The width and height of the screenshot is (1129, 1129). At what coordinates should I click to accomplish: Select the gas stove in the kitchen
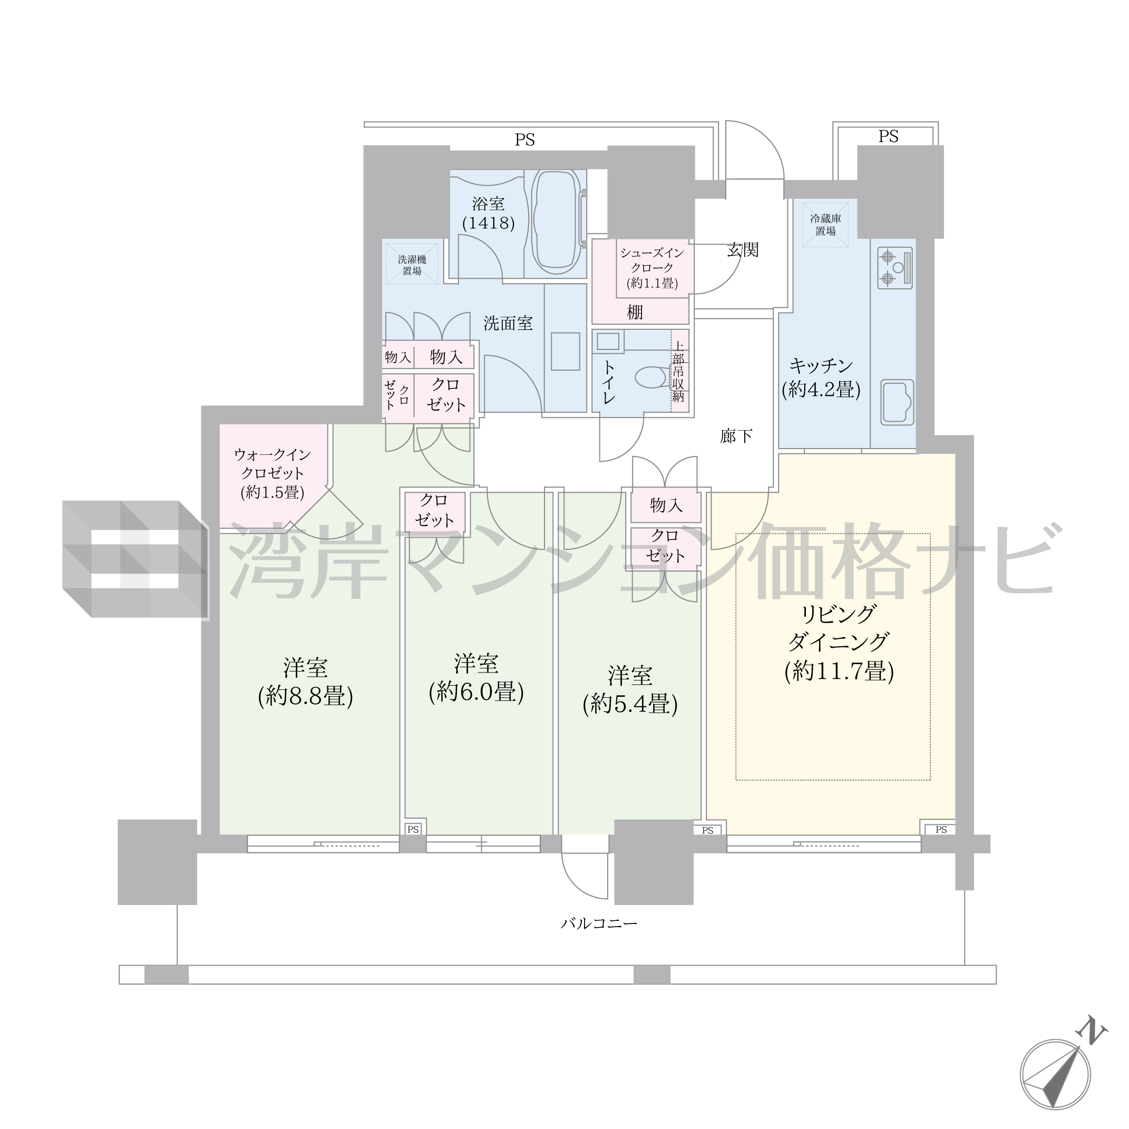pos(894,268)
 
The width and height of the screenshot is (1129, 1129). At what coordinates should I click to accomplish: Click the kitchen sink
pos(897,402)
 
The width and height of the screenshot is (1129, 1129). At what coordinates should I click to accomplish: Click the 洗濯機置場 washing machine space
pos(412,265)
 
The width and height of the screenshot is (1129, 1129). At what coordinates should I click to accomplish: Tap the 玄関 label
pos(743,250)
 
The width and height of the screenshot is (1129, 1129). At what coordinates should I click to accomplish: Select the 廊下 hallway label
pos(736,436)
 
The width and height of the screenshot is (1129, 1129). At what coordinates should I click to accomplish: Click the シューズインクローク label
pos(652,260)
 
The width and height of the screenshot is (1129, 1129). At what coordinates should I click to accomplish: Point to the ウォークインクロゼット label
pos(272,464)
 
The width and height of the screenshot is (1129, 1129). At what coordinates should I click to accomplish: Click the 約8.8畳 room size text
pos(306,696)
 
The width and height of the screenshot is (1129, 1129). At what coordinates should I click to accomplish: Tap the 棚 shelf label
pos(635,312)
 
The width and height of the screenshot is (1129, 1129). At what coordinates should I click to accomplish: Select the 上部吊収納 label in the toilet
pos(678,372)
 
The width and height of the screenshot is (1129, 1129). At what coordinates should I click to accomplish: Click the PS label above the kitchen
pos(888,137)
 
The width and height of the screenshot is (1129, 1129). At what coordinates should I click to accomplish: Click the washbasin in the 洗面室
pos(564,352)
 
